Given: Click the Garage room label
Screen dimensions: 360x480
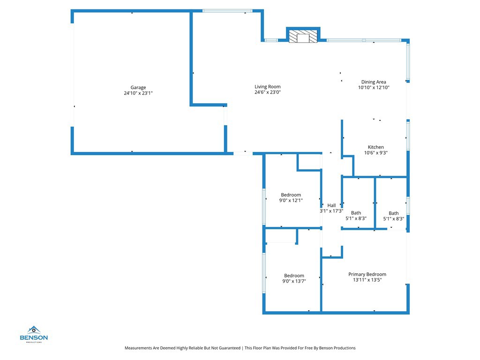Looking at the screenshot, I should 138,88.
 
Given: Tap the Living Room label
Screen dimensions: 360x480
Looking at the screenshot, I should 268,87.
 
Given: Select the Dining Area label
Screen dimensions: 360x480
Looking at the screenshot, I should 374,82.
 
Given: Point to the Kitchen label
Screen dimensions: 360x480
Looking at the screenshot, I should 376,147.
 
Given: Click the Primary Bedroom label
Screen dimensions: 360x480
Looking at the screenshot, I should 367,274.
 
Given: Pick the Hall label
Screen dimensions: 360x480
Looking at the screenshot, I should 331,205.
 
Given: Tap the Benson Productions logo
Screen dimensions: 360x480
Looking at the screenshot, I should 33,334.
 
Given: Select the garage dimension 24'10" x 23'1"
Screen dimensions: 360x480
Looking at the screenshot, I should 138,93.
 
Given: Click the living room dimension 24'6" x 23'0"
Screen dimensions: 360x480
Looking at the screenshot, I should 268,92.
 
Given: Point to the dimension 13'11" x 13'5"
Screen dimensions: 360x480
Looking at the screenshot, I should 367,280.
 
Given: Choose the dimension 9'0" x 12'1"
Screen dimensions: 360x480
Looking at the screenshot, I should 291,200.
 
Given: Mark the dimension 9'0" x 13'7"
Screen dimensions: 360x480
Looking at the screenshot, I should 294,281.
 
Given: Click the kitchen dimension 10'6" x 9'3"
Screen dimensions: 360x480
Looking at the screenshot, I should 376,153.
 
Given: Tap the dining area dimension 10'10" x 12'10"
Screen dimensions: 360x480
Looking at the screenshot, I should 374,88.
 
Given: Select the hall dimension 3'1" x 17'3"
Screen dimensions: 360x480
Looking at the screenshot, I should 331,211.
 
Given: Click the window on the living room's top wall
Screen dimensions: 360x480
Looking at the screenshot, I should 227,11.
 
